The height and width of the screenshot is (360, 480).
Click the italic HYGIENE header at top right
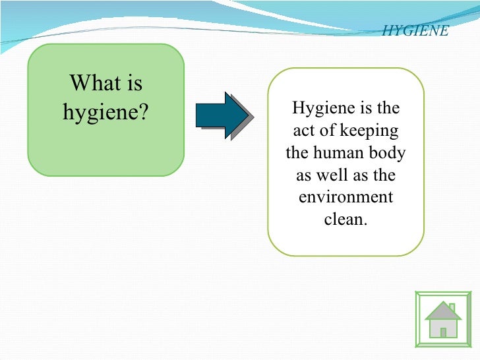click(x=415, y=31)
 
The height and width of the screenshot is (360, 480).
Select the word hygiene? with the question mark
click(x=105, y=113)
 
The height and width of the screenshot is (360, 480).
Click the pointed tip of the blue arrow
click(x=251, y=115)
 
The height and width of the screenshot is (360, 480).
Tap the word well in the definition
click(x=330, y=175)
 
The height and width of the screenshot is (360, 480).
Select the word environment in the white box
click(x=345, y=197)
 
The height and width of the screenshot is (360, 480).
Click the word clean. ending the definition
click(x=345, y=219)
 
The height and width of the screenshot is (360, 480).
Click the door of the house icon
click(x=443, y=332)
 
